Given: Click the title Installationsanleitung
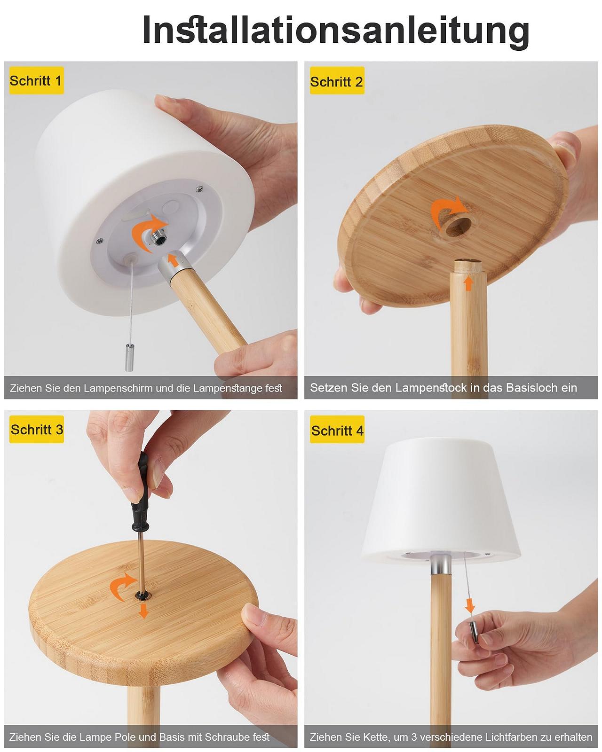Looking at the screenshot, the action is click(x=336, y=31).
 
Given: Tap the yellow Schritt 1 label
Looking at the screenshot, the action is click(x=36, y=80).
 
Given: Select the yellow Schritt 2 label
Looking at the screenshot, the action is click(x=337, y=81).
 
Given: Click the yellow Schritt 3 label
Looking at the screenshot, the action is click(x=36, y=430).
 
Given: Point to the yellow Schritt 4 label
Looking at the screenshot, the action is click(x=337, y=430).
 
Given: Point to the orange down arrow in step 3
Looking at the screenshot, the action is click(x=143, y=611).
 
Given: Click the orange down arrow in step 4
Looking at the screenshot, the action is click(x=470, y=605).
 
